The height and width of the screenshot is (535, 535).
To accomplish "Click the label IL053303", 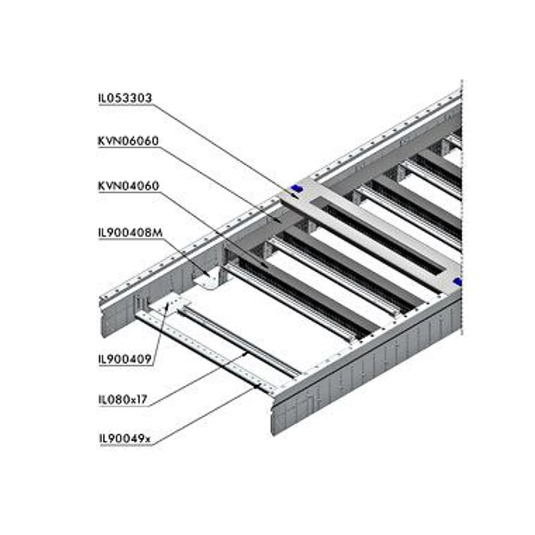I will [x=125, y=98].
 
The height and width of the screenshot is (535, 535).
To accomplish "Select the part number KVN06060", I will [x=128, y=141].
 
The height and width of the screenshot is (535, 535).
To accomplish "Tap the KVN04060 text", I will [x=128, y=186].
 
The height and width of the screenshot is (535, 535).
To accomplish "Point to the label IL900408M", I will [x=130, y=232].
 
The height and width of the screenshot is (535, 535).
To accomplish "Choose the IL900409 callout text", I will [x=126, y=358].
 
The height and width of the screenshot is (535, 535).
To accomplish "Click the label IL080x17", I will [x=123, y=399].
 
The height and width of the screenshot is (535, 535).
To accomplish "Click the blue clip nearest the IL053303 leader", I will [x=294, y=189].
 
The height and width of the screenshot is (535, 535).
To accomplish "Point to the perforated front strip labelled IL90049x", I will [x=203, y=348].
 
